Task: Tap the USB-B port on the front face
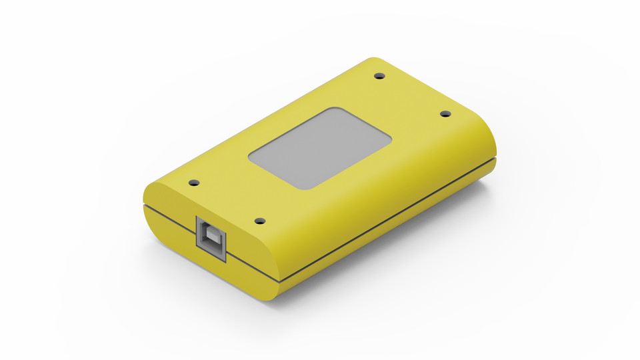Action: (211, 236)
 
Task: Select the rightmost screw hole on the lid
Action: (446, 114)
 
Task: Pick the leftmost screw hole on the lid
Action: (194, 182)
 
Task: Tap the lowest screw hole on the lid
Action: (260, 221)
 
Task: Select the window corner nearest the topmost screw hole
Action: (335, 109)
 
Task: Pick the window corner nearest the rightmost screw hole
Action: (389, 139)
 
